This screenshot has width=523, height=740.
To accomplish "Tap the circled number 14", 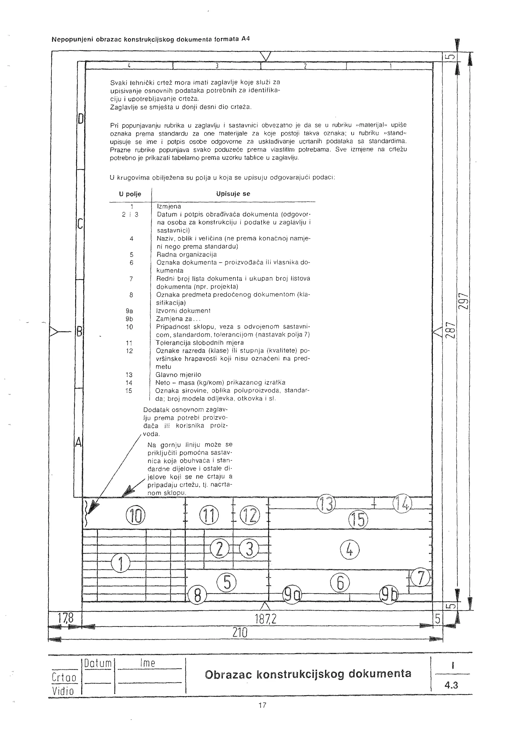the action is pos(402,503).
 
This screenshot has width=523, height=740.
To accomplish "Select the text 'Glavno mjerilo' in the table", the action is pos(178,374).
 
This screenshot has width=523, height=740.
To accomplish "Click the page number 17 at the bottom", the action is pos(262,706).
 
